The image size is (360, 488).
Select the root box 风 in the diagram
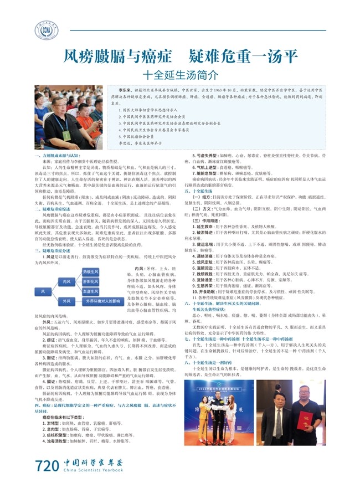[43, 291]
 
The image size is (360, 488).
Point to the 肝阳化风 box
[91, 281]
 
